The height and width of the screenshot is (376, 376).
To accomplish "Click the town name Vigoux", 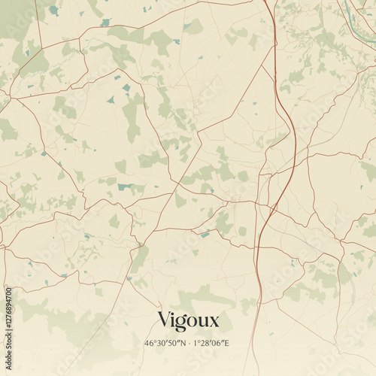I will coord(188,320).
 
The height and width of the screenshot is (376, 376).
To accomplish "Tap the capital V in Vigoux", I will coord(164,320).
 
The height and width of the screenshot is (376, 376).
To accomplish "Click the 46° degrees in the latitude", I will coord(149,343).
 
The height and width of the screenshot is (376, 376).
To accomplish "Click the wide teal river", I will coord(359,9).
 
